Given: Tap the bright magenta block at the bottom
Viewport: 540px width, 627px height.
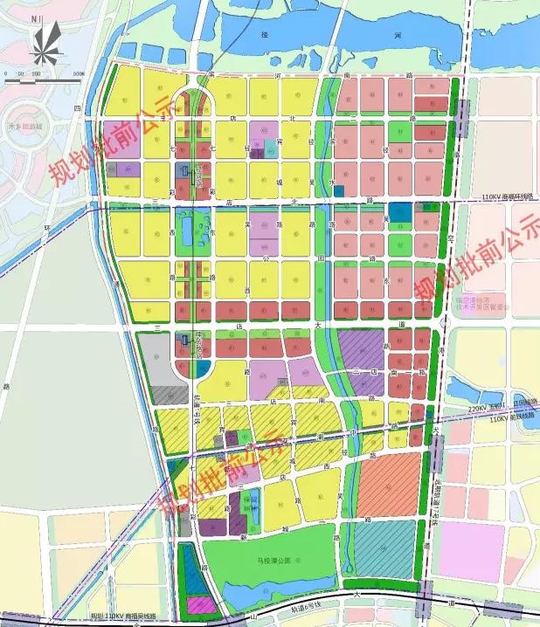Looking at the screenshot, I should point(200,604).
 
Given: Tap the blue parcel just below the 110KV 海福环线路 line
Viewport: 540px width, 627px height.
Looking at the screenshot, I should point(400,212).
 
